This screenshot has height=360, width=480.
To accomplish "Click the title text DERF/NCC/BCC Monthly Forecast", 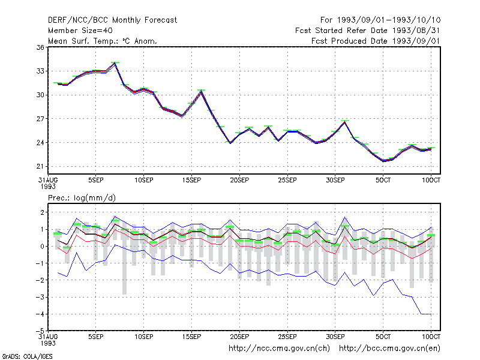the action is click(112, 20).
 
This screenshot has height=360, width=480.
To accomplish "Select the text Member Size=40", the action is click(80, 31).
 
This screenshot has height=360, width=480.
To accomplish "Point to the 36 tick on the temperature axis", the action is click(40, 47).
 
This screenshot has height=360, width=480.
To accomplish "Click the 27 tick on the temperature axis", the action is click(40, 119).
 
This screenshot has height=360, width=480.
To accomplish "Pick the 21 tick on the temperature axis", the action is click(40, 167).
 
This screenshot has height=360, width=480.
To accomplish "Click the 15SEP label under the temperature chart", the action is click(191, 181).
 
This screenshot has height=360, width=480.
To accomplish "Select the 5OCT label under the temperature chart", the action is click(383, 181).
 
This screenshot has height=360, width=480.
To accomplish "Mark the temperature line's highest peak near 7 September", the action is click(115, 63).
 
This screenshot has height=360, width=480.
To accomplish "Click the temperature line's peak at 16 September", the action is click(201, 91).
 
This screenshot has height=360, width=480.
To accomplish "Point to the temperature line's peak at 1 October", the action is click(344, 122).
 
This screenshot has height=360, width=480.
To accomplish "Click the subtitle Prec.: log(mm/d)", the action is click(82, 198).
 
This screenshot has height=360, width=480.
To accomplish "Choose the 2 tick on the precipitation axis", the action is click(42, 212).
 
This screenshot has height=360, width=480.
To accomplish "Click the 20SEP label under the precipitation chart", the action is click(239, 337).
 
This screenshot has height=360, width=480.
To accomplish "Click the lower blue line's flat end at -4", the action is click(426, 314).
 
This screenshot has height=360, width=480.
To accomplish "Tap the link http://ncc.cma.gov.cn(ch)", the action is click(279, 349).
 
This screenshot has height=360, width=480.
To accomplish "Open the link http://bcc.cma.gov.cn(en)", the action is click(389, 349).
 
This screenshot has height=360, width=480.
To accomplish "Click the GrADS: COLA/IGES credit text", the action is click(27, 356).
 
